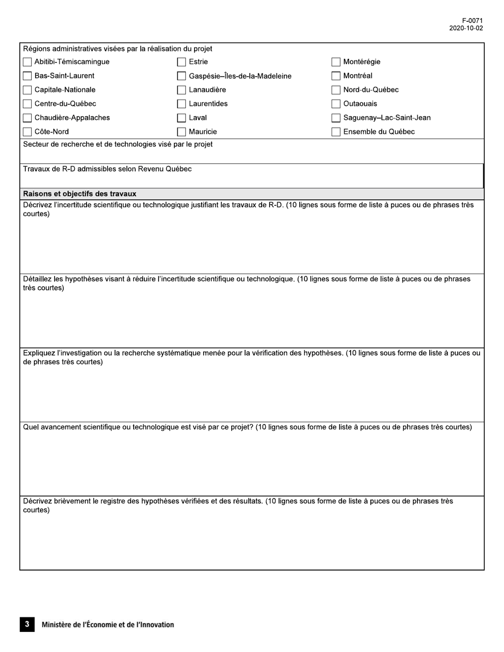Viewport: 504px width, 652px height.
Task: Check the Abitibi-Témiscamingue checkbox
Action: tap(28, 62)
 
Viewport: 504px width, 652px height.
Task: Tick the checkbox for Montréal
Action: tap(336, 76)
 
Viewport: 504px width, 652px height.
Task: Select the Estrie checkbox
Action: tap(181, 62)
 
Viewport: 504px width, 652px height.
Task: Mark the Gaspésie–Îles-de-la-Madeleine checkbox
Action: tap(181, 76)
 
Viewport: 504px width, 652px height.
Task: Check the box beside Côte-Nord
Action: tap(28, 132)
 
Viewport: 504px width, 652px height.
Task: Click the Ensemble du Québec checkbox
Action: tap(336, 132)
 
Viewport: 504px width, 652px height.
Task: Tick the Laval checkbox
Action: tap(181, 118)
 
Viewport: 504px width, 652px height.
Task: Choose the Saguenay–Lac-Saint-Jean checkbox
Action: tap(336, 118)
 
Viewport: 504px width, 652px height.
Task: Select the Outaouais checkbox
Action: tap(336, 104)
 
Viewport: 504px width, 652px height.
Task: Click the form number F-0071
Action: tap(472, 21)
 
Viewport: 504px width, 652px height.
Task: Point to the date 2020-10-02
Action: tap(466, 28)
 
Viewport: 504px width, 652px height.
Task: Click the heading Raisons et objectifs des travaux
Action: tap(80, 193)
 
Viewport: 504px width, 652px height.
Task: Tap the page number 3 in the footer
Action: tap(27, 624)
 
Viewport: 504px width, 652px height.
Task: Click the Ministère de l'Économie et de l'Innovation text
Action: tap(108, 625)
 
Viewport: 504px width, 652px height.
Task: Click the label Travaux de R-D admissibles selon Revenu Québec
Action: tap(107, 169)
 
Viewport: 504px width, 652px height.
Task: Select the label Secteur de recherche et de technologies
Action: tap(118, 144)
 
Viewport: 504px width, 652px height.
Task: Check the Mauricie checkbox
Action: tap(181, 132)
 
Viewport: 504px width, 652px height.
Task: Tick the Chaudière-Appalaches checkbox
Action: tap(28, 118)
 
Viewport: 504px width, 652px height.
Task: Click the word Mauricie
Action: tap(203, 132)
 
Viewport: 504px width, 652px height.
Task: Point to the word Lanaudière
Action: tap(207, 90)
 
